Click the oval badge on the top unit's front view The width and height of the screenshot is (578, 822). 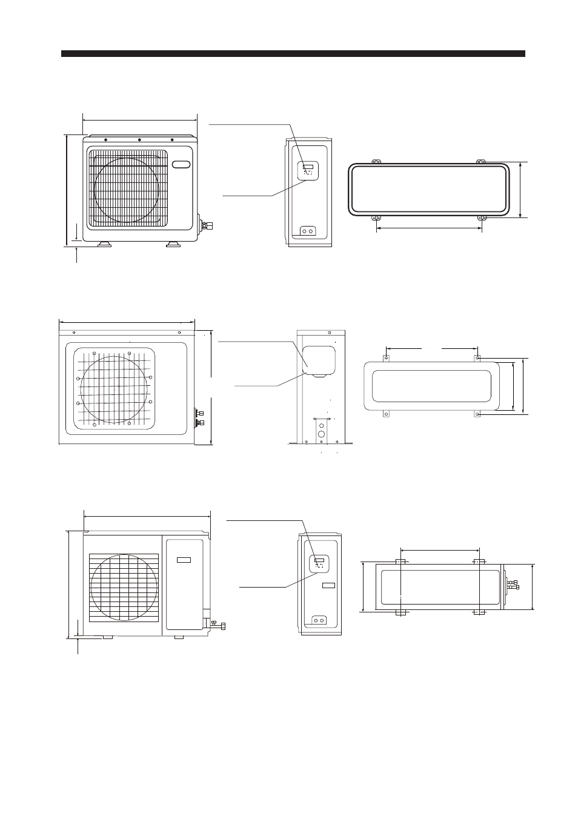click(x=181, y=164)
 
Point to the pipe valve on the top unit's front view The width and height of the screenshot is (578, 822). click(x=207, y=226)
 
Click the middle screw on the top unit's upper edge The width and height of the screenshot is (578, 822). click(x=139, y=140)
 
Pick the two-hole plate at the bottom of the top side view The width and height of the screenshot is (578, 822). click(x=308, y=231)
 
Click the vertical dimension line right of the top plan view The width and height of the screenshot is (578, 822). click(x=520, y=190)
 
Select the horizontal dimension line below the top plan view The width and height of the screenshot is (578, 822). click(x=429, y=228)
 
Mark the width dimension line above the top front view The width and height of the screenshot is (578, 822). click(x=139, y=120)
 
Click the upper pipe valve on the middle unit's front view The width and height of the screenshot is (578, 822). click(x=201, y=412)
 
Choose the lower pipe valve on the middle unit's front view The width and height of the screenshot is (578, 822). click(x=201, y=422)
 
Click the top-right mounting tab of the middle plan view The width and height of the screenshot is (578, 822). click(x=478, y=358)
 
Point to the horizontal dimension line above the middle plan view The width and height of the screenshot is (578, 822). click(x=431, y=348)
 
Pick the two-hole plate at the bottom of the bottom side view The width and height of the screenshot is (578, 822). click(x=319, y=620)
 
